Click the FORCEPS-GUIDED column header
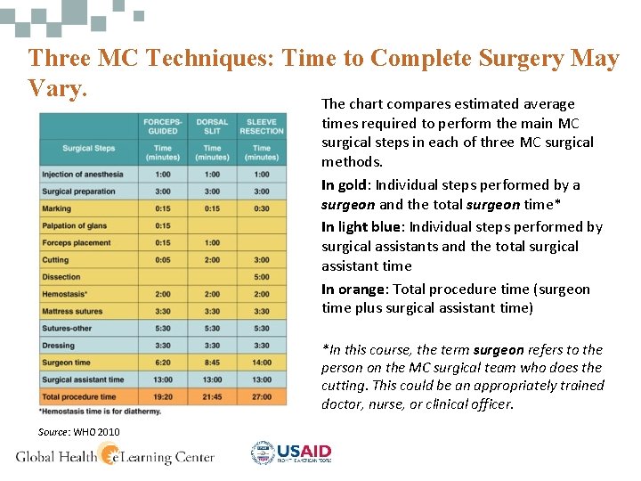[163, 126]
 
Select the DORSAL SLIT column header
[212, 126]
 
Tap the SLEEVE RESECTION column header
[262, 126]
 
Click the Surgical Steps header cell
[88, 148]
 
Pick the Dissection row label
[61, 277]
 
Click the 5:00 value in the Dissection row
[262, 277]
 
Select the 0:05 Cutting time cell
[163, 260]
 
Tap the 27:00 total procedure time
[262, 396]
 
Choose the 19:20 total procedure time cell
[163, 396]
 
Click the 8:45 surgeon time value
[212, 363]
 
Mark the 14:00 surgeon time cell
[262, 363]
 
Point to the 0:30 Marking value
[262, 208]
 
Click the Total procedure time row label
[79, 396]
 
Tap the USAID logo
[291, 453]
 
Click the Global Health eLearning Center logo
[116, 456]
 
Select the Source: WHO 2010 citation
[78, 432]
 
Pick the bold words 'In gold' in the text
[344, 185]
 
